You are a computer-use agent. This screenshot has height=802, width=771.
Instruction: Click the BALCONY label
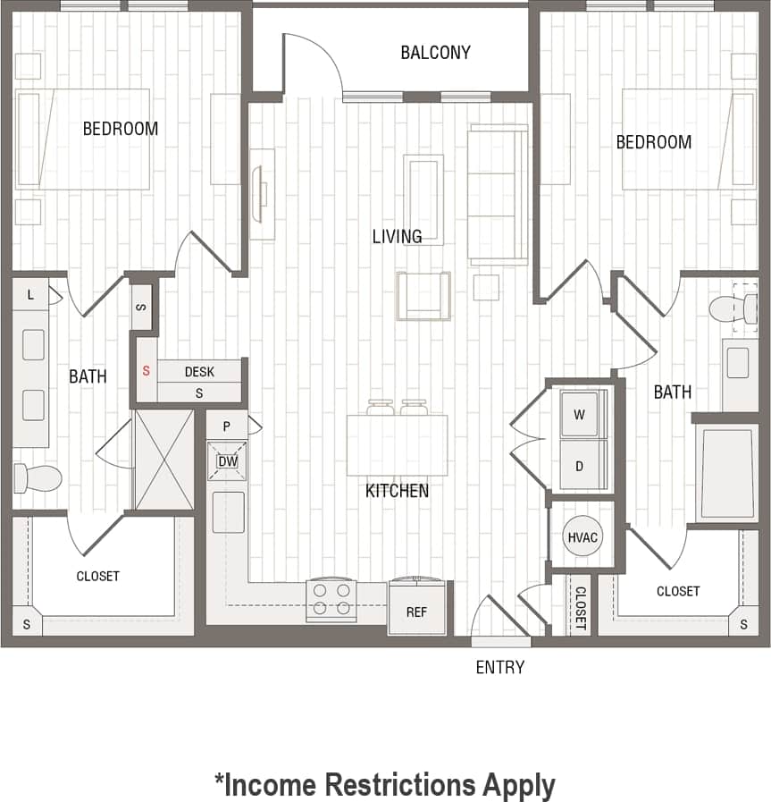[x=435, y=53]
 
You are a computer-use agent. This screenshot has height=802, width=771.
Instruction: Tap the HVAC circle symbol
[x=582, y=538]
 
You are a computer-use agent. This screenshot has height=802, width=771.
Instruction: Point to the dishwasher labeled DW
[x=227, y=461]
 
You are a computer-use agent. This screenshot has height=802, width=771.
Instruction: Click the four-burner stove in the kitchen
[x=331, y=599]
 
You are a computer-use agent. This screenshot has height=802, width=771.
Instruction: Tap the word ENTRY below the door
[x=499, y=667]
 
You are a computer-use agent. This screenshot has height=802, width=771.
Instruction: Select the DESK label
[x=198, y=371]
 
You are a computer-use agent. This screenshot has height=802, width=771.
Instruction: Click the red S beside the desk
[x=146, y=370]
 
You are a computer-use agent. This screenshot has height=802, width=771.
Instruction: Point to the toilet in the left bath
[x=36, y=477]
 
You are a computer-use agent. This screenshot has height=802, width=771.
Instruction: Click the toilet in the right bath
[x=733, y=309]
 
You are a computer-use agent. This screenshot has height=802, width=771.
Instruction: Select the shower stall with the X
[x=163, y=460]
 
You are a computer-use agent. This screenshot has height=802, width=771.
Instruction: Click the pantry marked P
[x=228, y=426]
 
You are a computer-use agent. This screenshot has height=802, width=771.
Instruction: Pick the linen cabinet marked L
[x=30, y=294]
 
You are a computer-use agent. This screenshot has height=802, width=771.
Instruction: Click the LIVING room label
[x=397, y=236]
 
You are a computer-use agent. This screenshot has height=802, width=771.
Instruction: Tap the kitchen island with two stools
[x=398, y=445]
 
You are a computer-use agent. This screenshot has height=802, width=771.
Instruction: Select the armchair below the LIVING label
[x=423, y=296]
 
